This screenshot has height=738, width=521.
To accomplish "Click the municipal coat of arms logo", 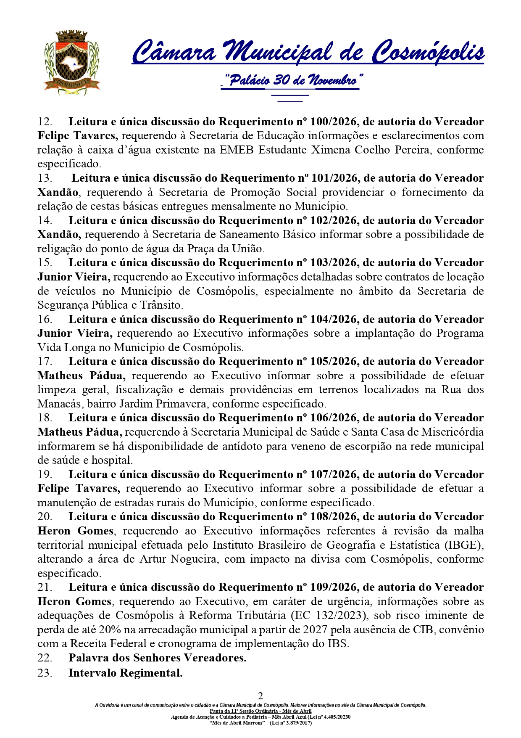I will click(x=72, y=62).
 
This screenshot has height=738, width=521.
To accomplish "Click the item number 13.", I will click(x=45, y=178).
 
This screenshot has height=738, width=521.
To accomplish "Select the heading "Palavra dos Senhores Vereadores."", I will click(x=158, y=658).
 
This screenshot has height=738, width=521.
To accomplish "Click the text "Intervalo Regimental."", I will click(x=126, y=673).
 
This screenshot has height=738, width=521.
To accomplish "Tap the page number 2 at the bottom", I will click(x=260, y=696).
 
